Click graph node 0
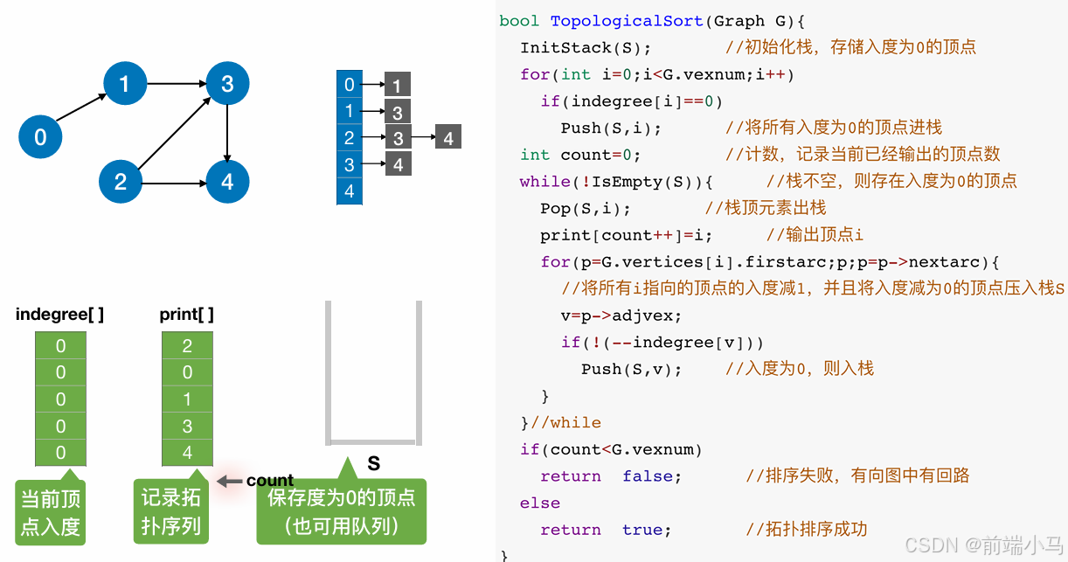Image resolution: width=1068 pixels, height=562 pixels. coord(40,137)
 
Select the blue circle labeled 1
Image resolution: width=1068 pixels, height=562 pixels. coord(125,84)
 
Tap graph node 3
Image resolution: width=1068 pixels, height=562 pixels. coord(227,84)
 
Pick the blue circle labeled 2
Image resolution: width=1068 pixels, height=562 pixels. coord(121,182)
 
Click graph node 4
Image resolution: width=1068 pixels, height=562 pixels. coord(227,182)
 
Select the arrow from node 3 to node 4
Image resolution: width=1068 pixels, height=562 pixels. coord(227,133)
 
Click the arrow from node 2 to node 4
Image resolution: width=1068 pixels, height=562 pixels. coord(174,183)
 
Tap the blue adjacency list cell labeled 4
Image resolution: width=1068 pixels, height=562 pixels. coord(350,191)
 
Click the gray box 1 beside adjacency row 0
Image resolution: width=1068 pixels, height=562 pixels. coord(397,86)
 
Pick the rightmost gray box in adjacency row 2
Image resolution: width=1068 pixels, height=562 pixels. coord(447,138)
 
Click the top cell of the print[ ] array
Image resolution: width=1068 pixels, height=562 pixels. coord(187,346)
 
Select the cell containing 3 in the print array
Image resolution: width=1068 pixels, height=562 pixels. coord(187,427)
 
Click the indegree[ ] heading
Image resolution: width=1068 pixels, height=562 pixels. coord(59,315)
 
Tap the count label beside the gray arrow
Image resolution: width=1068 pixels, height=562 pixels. coord(270,481)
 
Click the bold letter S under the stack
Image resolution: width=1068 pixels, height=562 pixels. coord(373,463)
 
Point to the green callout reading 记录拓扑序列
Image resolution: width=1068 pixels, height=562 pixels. coord(171,512)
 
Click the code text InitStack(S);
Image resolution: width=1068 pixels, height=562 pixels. coord(586,47)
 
